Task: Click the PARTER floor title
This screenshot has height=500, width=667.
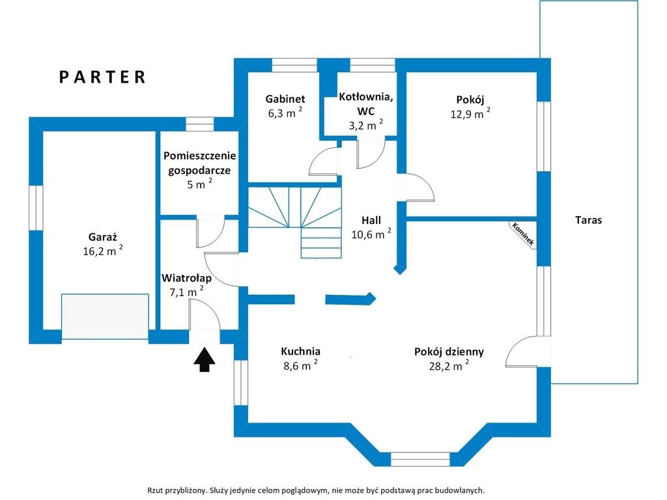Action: click(x=102, y=77)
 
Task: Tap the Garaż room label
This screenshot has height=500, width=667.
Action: click(x=102, y=237)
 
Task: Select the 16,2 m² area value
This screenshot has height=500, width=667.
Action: click(x=103, y=251)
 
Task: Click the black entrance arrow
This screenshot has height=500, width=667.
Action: click(x=205, y=359)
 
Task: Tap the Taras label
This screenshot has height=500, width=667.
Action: click(x=588, y=220)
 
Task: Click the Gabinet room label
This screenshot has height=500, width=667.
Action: click(x=285, y=99)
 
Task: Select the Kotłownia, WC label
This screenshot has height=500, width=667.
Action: click(x=366, y=104)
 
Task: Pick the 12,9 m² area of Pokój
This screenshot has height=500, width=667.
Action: click(x=470, y=113)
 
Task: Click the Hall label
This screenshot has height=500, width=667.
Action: click(x=371, y=220)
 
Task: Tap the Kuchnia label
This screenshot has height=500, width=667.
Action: click(x=300, y=351)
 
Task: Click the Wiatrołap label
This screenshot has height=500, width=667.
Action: click(x=186, y=278)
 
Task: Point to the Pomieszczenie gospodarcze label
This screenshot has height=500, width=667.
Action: click(x=199, y=163)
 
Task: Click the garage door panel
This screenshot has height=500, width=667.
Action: click(x=105, y=316)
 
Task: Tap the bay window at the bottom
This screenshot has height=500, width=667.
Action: click(x=420, y=459)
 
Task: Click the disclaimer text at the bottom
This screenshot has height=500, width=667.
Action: click(x=316, y=490)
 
